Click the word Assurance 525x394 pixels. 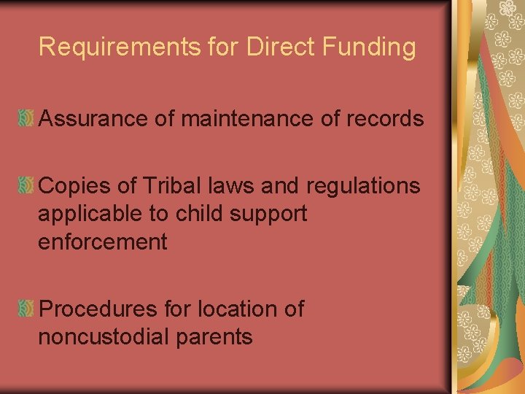(93, 119)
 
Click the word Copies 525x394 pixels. (74, 187)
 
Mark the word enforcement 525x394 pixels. (103, 242)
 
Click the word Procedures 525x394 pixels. (98, 309)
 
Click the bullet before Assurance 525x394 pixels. (26, 119)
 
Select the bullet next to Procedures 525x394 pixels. (26, 309)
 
